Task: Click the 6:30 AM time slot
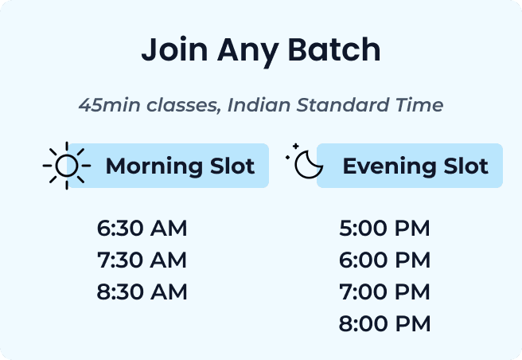[142, 229]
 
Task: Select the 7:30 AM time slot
[142, 260]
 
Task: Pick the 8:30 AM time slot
[142, 292]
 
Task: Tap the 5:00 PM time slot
[384, 229]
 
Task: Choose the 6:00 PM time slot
[384, 260]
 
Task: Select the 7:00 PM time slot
[384, 292]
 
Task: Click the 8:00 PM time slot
[384, 324]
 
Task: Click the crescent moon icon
[306, 165]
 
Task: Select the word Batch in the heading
[337, 51]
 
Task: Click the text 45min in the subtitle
[105, 105]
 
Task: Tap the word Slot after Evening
[466, 166]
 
